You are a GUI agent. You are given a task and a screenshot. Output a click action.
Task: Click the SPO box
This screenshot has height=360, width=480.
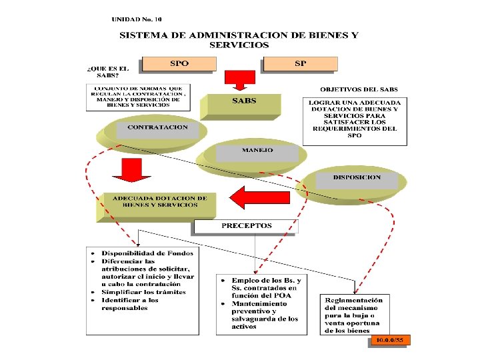[x=179, y=64]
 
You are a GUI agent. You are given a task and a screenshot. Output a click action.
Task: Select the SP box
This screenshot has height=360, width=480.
[x=301, y=64]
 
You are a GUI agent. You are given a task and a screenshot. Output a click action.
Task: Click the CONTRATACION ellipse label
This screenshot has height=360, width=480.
[x=157, y=127]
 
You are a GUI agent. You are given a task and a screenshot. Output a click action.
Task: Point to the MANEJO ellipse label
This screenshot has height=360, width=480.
[x=257, y=151]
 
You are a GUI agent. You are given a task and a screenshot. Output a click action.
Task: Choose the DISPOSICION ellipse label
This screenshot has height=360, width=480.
[x=357, y=178]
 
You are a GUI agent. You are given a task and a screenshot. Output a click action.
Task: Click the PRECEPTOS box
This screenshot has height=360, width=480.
[x=247, y=226]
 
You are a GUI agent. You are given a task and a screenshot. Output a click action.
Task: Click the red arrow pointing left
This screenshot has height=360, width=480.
[x=259, y=198]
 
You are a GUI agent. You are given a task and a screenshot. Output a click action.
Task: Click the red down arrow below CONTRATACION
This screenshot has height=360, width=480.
[x=127, y=170]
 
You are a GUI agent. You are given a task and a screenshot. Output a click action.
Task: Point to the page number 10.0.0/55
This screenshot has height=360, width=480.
[x=391, y=341]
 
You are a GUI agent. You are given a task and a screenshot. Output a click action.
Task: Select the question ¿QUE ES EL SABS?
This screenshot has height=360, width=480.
[x=107, y=72]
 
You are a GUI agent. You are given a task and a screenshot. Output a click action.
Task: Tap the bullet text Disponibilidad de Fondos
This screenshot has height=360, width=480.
[x=147, y=253]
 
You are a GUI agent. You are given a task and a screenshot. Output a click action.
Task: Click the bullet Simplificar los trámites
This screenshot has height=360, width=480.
[x=143, y=292]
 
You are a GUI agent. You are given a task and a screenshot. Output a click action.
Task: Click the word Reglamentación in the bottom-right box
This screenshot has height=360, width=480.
[x=354, y=300]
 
